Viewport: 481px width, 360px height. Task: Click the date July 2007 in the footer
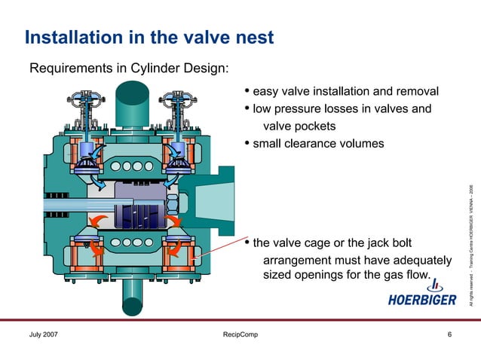44,334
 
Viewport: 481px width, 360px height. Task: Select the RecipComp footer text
240,334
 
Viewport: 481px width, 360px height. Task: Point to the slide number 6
449,334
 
